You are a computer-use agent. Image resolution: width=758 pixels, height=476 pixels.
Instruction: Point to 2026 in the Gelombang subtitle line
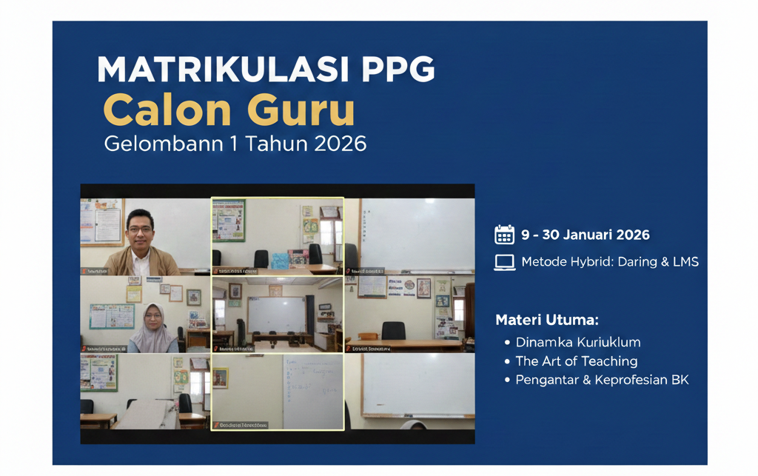[340, 143]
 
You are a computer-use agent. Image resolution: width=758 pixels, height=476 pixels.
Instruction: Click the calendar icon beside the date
[504, 235]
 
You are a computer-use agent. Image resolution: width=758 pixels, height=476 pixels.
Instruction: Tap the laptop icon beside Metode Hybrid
[504, 262]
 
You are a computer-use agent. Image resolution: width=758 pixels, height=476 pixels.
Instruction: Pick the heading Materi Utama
[546, 320]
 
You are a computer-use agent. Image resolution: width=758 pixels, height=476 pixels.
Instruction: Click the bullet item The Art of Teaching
[576, 361]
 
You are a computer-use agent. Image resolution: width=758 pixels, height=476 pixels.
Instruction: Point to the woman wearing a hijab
[153, 327]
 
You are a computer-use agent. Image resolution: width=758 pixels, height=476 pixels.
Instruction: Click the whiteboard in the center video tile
[275, 315]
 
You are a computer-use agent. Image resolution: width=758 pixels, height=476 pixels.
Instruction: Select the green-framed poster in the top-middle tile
[229, 220]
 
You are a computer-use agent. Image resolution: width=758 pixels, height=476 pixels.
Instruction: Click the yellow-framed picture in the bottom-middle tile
[220, 378]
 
